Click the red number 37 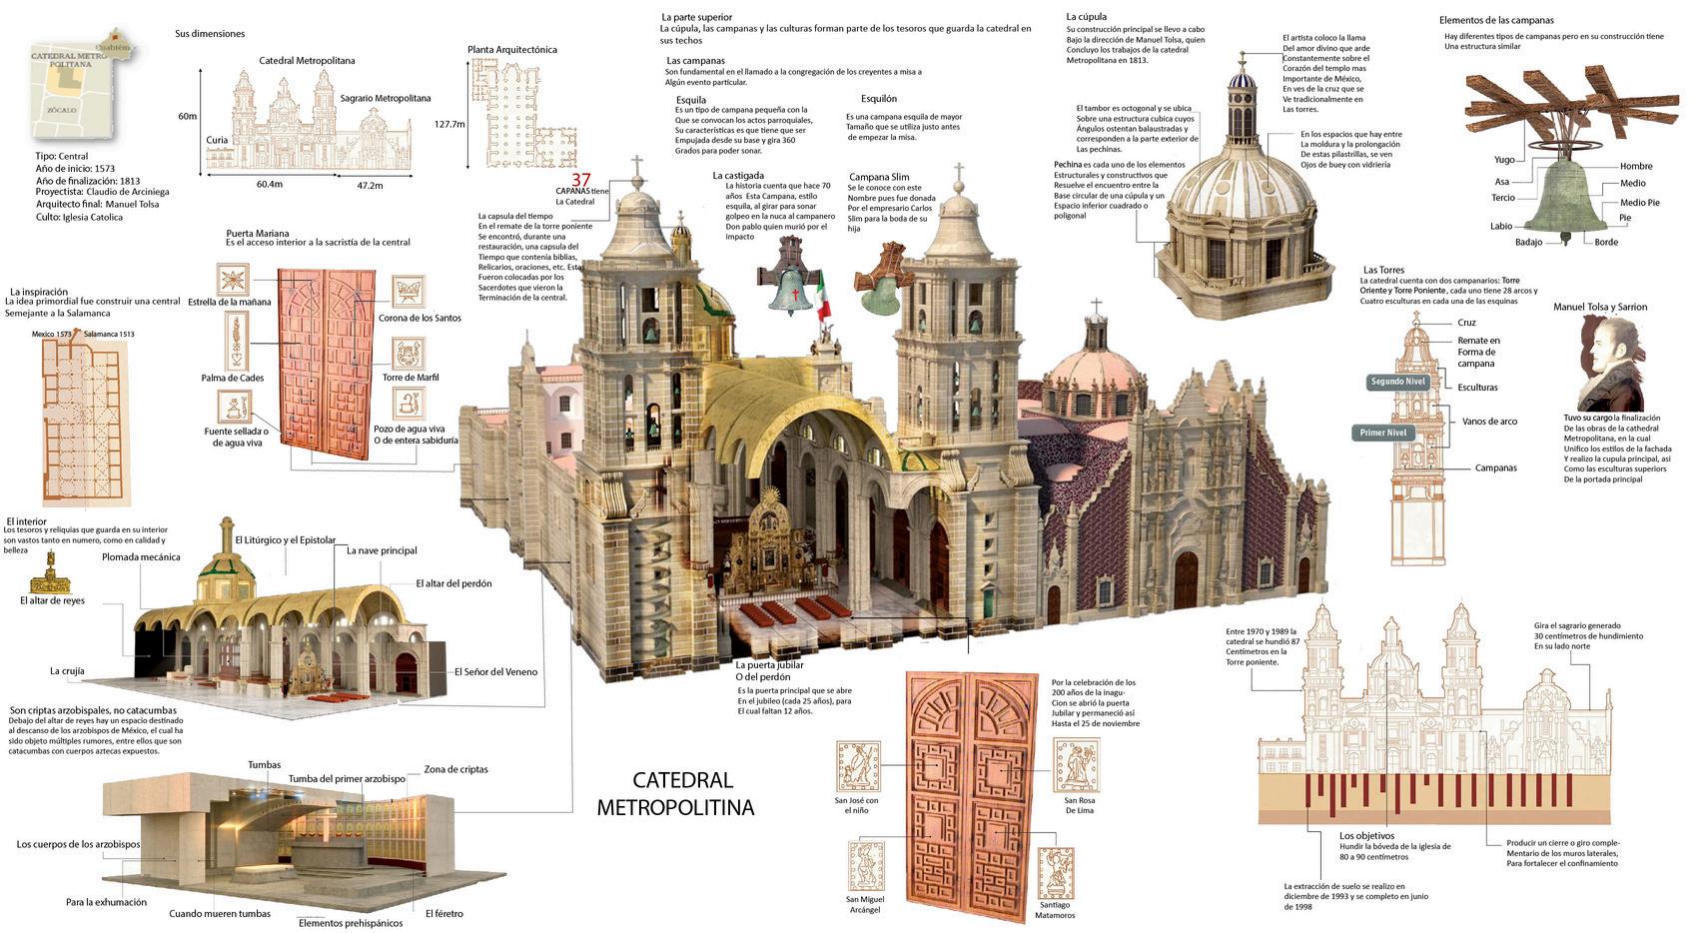[x=580, y=180]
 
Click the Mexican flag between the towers [x=822, y=296]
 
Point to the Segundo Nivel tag [x=1398, y=382]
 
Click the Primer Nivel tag [x=1383, y=433]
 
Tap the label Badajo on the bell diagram [x=1528, y=242]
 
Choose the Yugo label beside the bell [x=1504, y=160]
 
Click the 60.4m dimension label [x=269, y=184]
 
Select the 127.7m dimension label [x=450, y=125]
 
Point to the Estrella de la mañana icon [x=233, y=280]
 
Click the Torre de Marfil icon [x=408, y=354]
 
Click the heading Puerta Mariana [x=258, y=234]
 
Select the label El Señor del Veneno [x=495, y=672]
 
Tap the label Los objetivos [x=1366, y=835]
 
